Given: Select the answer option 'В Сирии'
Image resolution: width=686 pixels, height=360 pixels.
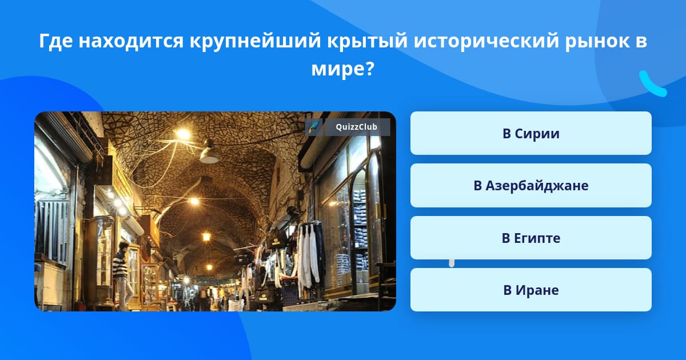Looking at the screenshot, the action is click(531, 133).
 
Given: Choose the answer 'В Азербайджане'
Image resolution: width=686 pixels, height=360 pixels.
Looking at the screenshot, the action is click(531, 186).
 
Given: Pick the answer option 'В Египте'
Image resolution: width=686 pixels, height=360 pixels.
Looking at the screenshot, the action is click(531, 238).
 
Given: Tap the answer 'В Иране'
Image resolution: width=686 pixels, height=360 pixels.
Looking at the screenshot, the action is click(531, 290).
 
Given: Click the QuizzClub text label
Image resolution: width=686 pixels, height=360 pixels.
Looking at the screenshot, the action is click(356, 127).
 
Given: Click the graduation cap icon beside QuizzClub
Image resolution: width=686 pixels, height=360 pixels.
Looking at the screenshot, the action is click(313, 127).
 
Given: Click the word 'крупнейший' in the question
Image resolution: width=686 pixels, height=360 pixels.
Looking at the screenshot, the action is click(255, 41).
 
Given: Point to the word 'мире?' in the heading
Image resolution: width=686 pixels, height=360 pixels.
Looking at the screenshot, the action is click(342, 69).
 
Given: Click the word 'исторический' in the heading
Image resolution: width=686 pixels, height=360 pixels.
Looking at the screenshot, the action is click(486, 41).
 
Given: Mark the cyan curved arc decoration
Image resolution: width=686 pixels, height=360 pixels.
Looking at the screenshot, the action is click(653, 84).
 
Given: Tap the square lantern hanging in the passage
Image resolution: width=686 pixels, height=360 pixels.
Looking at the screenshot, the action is click(206, 237).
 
